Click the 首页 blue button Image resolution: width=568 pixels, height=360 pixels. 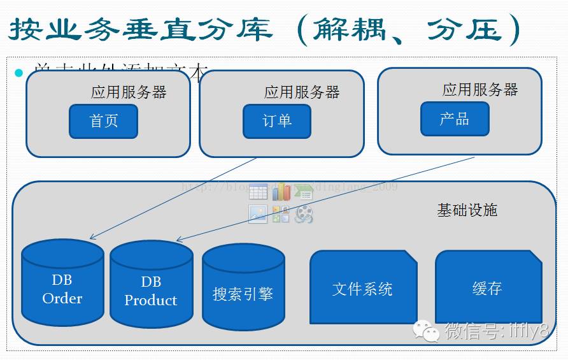(x=103, y=121)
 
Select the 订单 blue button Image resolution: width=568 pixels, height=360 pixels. (x=277, y=121)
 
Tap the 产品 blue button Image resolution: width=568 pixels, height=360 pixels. (x=455, y=119)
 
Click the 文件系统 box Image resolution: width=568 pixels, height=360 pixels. (x=363, y=288)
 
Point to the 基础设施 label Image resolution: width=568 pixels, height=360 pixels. (x=467, y=210)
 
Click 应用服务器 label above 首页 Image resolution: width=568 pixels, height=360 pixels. (x=129, y=92)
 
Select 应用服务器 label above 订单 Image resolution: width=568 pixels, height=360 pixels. (x=302, y=92)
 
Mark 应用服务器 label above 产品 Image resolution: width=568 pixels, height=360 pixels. (x=480, y=90)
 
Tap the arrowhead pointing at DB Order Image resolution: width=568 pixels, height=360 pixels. (x=92, y=238)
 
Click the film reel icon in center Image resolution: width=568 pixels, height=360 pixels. (x=304, y=215)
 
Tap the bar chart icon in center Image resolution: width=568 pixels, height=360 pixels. (x=281, y=192)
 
